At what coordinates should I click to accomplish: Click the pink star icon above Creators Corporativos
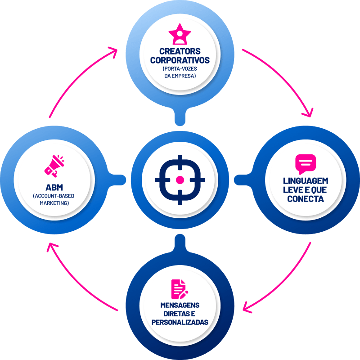180,35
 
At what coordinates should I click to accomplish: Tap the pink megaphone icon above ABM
54,166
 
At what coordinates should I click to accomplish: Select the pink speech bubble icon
306,164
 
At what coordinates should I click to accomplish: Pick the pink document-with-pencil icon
180,289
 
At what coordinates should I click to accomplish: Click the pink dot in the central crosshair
180,180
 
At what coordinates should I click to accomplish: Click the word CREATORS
180,51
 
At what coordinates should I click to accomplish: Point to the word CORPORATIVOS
180,60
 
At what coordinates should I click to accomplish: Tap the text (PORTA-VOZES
180,69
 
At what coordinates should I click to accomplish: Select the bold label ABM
54,188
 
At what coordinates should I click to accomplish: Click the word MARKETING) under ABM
54,203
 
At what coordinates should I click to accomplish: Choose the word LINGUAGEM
306,181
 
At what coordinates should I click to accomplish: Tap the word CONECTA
306,199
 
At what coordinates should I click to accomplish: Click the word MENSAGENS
180,305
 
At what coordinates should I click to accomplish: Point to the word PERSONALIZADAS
180,322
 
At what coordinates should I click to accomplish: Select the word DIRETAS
175,314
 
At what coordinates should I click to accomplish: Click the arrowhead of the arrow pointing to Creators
114,51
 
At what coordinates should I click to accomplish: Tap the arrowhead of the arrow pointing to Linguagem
309,113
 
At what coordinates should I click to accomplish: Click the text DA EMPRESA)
180,76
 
